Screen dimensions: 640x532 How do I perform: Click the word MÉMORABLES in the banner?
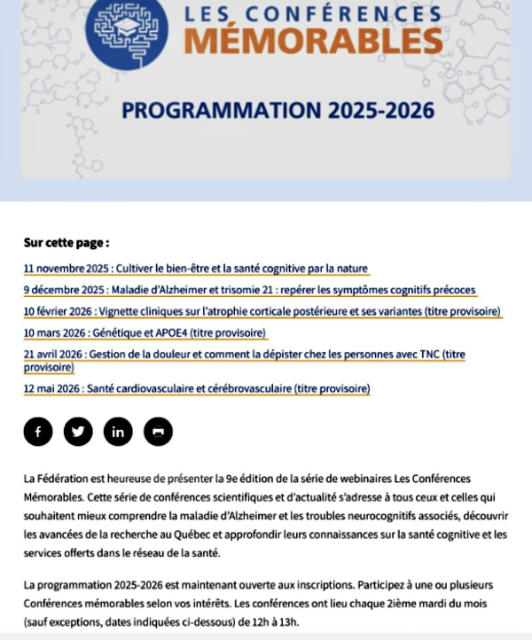pos(315,40)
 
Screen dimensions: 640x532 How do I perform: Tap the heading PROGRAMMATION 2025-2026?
pos(278,111)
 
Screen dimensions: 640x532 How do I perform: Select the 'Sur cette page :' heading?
pos(66,242)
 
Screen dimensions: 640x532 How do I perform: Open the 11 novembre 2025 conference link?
pos(196,269)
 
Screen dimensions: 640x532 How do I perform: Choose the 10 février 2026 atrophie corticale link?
pos(262,311)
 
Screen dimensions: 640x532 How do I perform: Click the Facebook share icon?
pos(38,432)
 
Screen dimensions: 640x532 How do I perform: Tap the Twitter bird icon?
pos(78,432)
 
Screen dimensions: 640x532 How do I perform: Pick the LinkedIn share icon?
pos(118,432)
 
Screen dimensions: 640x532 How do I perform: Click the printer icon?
pos(158,432)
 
